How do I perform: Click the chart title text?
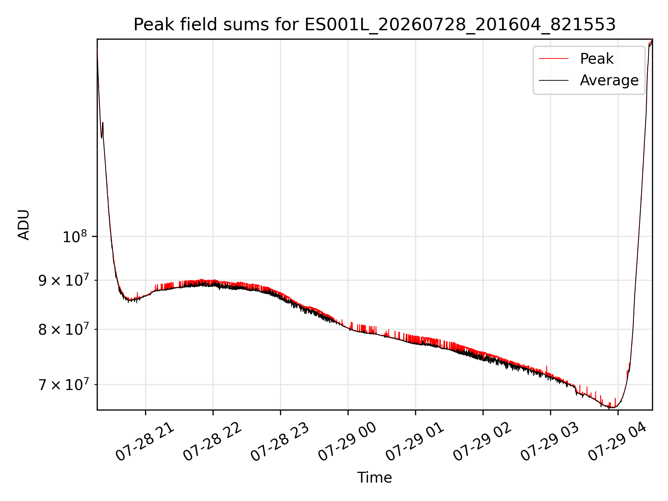[x=375, y=25]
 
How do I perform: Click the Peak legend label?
[x=597, y=58]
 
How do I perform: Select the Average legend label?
[x=609, y=80]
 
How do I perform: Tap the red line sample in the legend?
[x=554, y=58]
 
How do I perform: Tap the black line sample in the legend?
[x=554, y=80]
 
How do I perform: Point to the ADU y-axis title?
[x=24, y=224]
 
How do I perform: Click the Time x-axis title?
[x=374, y=478]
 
